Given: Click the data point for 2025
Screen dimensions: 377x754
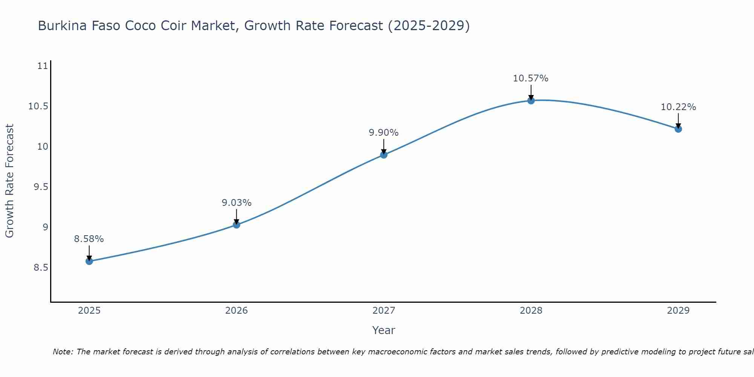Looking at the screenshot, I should pos(89,261).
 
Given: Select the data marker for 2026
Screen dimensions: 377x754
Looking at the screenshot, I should pos(236,225).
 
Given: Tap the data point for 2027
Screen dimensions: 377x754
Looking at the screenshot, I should pos(384,155).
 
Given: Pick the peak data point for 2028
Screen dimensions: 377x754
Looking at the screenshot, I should pos(531,100).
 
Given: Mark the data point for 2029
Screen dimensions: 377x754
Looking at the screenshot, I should pos(678,129).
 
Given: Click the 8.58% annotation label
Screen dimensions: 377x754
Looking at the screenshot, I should pos(89,239).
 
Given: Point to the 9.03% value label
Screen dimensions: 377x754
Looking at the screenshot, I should pos(236,203).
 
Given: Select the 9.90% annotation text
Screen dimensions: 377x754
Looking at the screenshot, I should pos(384,133).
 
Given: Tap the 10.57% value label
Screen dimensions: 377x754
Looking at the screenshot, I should pos(531,78).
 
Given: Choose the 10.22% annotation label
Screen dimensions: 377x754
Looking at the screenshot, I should pos(678,107).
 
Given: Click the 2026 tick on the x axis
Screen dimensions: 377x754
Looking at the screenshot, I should pos(236,311).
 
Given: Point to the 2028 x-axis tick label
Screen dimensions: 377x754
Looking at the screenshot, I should pos(531,311).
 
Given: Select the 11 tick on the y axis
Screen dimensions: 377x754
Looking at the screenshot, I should pos(43,66).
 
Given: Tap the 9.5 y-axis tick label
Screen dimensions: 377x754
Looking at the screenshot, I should pos(41,187).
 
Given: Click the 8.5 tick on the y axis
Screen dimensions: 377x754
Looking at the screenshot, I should pos(41,268).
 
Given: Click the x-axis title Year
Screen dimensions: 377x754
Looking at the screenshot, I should pos(384,330).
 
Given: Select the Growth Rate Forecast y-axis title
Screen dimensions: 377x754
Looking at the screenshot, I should pos(9,181).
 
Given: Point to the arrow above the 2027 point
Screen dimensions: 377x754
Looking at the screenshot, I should pos(384,146).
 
